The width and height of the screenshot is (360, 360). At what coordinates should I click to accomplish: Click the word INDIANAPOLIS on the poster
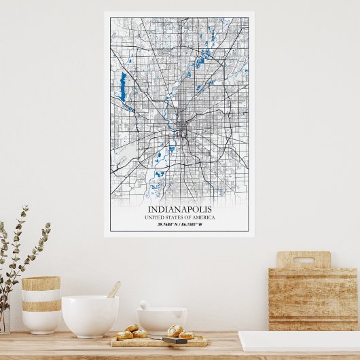tap(179, 209)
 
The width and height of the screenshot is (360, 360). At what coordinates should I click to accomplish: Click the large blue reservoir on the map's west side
tap(123, 87)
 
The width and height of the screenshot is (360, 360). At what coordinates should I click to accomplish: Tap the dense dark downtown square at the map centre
tap(181, 126)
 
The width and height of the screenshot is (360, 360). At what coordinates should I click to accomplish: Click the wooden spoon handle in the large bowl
tap(113, 289)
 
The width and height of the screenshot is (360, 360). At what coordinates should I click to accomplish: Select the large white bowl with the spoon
tap(90, 315)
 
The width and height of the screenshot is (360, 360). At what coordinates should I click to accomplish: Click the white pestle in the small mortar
tap(145, 305)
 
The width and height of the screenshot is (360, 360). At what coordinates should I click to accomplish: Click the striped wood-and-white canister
tap(41, 304)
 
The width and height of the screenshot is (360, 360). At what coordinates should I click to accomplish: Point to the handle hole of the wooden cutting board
tap(303, 260)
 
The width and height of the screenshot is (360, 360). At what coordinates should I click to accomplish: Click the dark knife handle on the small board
tap(174, 340)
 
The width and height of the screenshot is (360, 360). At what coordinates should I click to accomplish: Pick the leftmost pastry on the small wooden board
tap(124, 335)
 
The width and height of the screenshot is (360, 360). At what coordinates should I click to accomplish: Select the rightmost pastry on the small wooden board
tap(187, 335)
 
